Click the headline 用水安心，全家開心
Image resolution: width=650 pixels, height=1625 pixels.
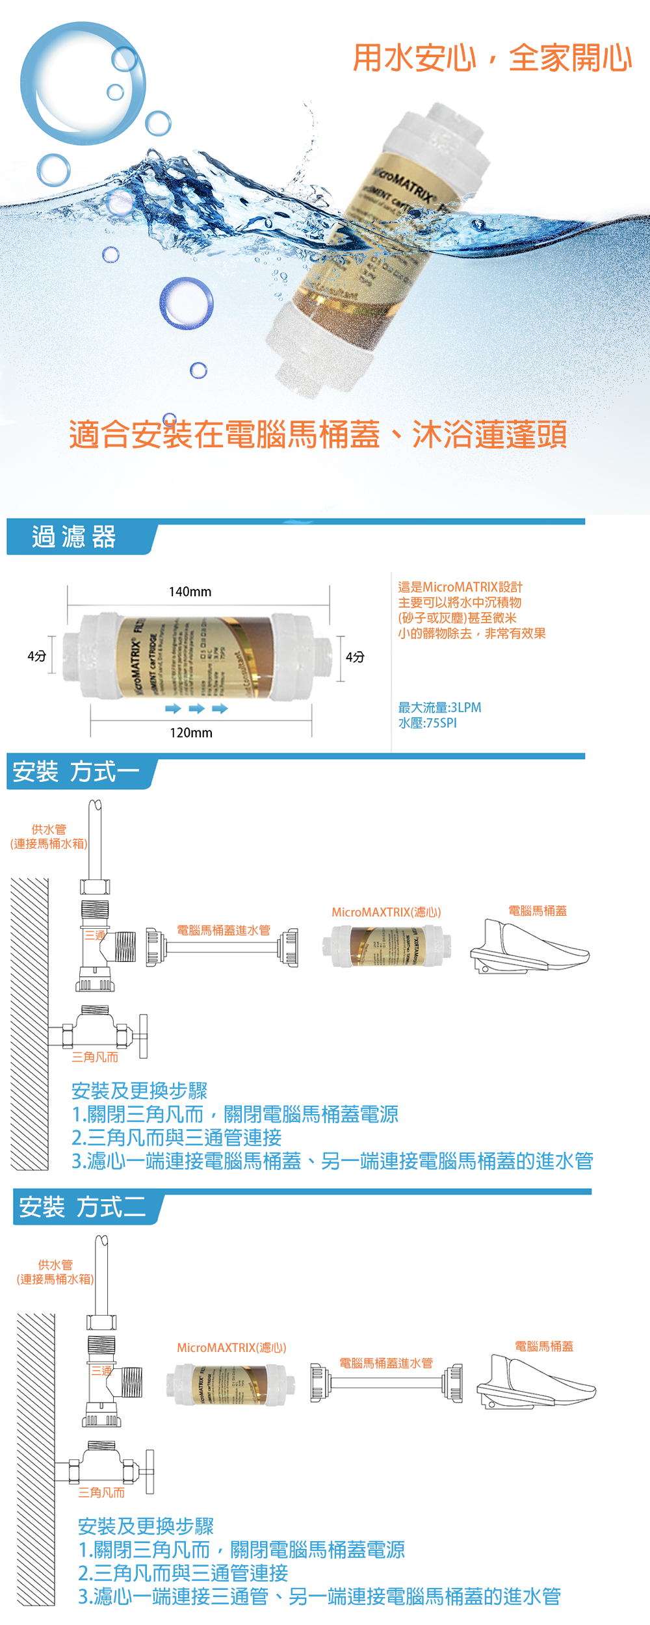click(x=492, y=58)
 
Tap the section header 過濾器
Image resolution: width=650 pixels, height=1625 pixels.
click(x=74, y=537)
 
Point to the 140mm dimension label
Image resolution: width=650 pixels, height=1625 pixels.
click(x=190, y=591)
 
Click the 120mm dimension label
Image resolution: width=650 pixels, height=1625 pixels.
click(x=191, y=733)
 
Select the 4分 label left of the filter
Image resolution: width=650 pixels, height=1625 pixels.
click(x=37, y=656)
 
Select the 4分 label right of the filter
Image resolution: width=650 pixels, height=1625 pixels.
click(x=355, y=657)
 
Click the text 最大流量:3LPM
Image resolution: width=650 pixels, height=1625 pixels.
click(x=439, y=707)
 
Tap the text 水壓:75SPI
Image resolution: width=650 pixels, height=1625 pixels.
click(x=427, y=723)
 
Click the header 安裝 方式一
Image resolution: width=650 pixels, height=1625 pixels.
click(x=76, y=772)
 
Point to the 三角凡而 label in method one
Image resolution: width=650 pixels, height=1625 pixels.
click(x=95, y=1058)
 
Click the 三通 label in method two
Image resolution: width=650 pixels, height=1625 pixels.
click(x=101, y=1370)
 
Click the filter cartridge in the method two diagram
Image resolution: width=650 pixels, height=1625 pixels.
click(x=226, y=1384)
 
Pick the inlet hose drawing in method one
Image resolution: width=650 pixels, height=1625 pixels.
click(x=222, y=947)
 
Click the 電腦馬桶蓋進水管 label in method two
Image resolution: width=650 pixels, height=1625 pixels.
click(x=386, y=1363)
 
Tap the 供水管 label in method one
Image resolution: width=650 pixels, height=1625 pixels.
click(x=49, y=829)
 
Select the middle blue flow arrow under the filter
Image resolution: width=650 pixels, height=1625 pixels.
click(x=196, y=708)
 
